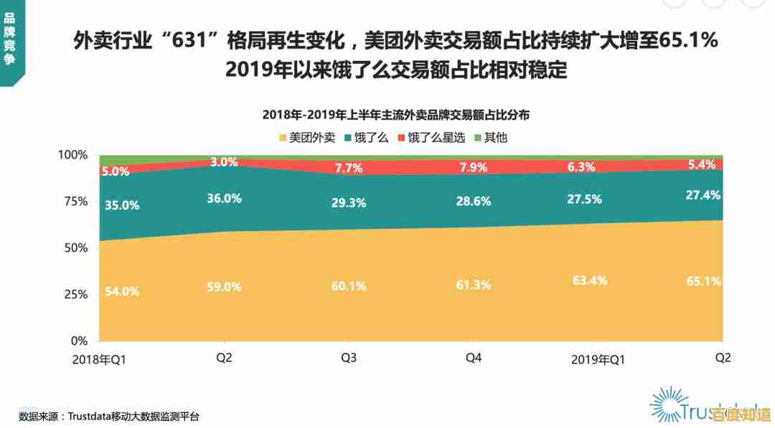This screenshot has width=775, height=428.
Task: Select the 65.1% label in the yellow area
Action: tap(703, 281)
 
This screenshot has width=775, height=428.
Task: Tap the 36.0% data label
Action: tap(224, 199)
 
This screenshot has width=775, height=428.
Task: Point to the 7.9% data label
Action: tap(473, 168)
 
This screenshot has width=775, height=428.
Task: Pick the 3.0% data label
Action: tap(224, 162)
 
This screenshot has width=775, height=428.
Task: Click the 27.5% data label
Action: tap(584, 199)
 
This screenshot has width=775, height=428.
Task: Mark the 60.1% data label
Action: tap(348, 286)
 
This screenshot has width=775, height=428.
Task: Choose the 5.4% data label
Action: tap(701, 164)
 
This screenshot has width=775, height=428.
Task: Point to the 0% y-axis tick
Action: tap(79, 341)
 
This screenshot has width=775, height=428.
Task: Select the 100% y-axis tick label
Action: tap(72, 155)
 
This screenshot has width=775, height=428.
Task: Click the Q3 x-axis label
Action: tap(349, 358)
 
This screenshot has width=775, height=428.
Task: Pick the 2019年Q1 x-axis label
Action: tap(598, 360)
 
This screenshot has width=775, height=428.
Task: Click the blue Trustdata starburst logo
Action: tap(668, 404)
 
